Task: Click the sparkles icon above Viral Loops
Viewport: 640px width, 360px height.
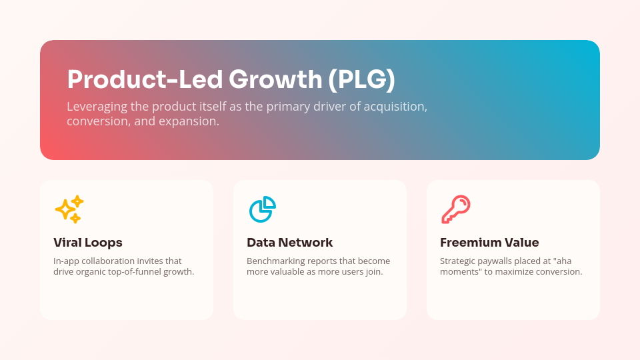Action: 69,209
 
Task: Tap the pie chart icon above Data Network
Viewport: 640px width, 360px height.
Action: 262,209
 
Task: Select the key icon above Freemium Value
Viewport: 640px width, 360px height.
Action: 455,209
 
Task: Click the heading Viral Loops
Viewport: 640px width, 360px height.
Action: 88,243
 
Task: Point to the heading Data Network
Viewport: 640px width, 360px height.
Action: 289,243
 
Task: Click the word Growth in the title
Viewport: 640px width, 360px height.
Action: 275,80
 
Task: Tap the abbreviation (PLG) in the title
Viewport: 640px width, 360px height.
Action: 362,80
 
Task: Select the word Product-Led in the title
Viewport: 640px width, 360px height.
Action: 145,80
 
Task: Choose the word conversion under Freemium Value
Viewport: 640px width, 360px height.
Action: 558,272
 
